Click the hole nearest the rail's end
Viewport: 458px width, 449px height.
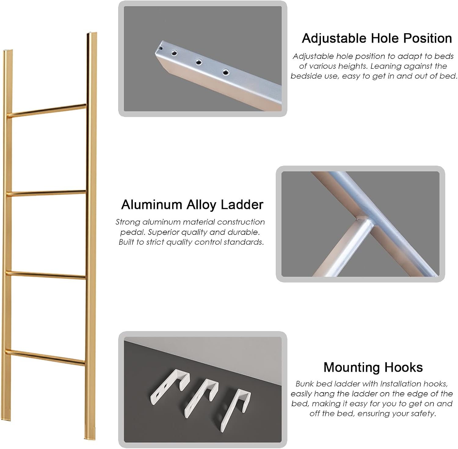click(x=174, y=53)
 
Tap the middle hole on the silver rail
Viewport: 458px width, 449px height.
click(x=199, y=62)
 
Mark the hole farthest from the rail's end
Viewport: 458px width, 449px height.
click(x=225, y=72)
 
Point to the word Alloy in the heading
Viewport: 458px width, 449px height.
click(x=201, y=205)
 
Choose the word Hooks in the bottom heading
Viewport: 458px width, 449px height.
click(x=403, y=367)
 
